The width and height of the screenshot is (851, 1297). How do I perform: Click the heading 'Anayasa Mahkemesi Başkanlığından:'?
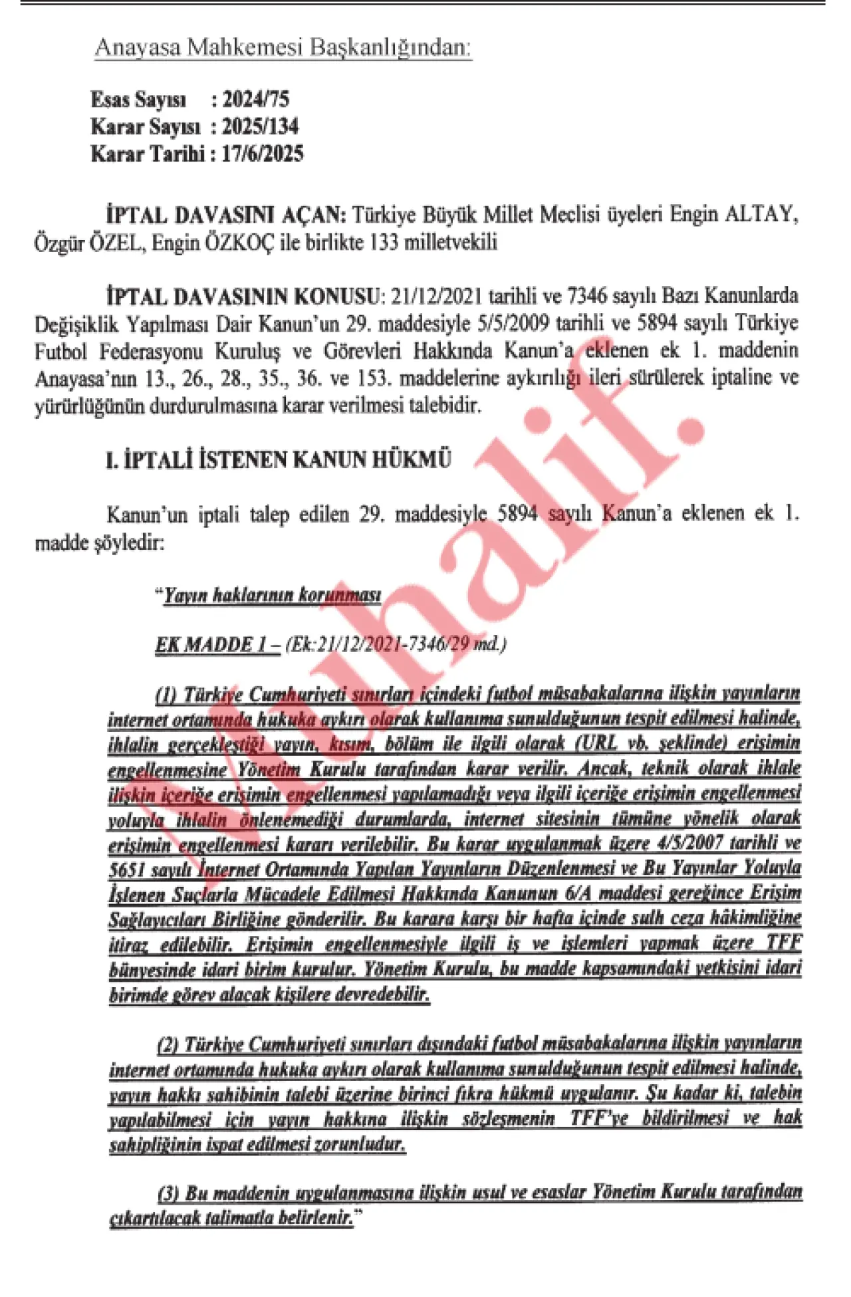(x=283, y=48)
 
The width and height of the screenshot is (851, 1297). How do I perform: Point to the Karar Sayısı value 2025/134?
(x=261, y=126)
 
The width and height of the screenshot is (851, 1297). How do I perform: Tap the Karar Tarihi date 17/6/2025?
(x=263, y=154)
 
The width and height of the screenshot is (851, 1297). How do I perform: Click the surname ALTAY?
(x=760, y=215)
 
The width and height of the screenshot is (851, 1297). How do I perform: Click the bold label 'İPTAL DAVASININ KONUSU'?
(x=242, y=295)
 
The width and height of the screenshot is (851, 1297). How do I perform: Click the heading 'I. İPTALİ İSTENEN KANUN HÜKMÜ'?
(x=279, y=459)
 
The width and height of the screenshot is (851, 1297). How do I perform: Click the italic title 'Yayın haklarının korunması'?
(x=273, y=595)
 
